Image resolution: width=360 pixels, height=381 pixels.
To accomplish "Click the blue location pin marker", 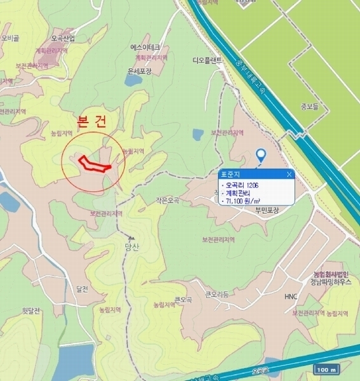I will pyautogui.click(x=260, y=156).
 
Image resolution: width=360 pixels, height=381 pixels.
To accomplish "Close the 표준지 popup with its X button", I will pyautogui.click(x=290, y=173).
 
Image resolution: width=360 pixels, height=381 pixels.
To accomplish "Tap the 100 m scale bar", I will pyautogui.click(x=328, y=370).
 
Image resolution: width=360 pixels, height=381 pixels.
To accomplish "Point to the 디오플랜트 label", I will pyautogui.click(x=207, y=61).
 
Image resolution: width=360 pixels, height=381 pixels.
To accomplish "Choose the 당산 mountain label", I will pyautogui.click(x=132, y=248).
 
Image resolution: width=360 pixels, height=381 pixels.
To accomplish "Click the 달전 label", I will pyautogui.click(x=82, y=288).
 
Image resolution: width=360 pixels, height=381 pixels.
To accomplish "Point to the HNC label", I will pyautogui.click(x=291, y=297).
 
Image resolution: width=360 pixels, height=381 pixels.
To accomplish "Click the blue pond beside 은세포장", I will pyautogui.click(x=134, y=80).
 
